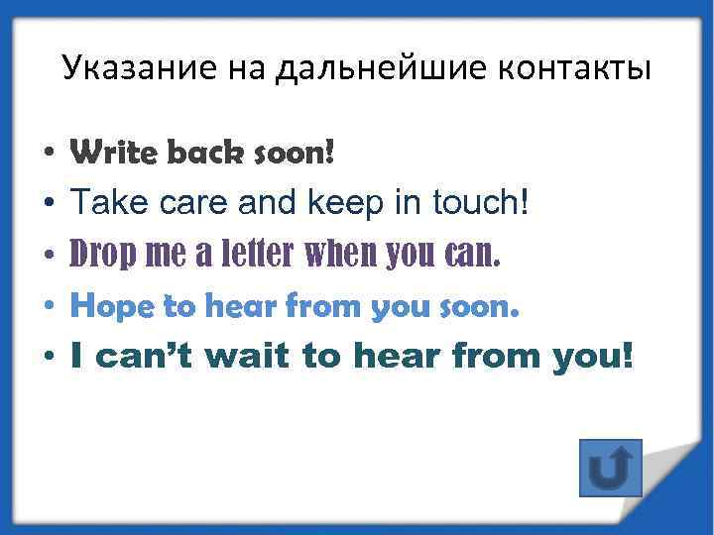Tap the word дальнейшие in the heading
386,68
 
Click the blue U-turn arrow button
610,468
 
